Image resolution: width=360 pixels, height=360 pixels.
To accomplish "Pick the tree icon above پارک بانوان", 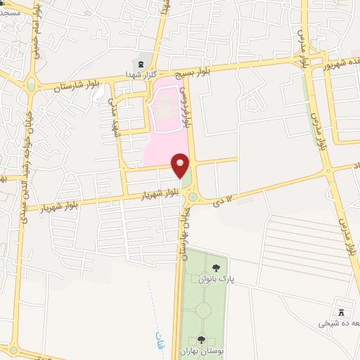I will [215, 268].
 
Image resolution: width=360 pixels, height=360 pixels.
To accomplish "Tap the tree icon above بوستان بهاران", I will [201, 340].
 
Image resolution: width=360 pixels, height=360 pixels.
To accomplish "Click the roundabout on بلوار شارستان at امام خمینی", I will [31, 86].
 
